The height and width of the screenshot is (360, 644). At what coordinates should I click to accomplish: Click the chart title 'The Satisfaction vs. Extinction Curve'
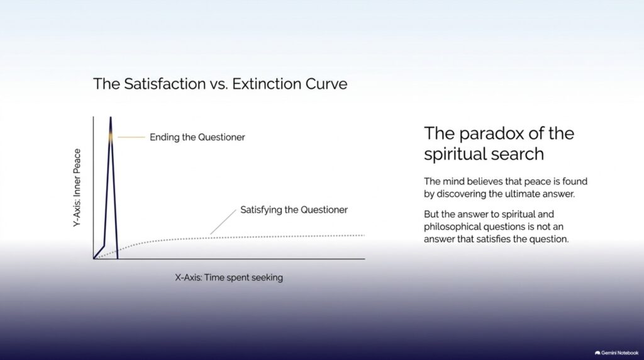[220, 84]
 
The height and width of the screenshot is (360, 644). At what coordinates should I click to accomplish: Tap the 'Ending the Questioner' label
[197, 137]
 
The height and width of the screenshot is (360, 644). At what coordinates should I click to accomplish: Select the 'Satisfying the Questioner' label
[294, 210]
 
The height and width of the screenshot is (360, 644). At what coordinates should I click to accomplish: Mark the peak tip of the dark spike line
[111, 117]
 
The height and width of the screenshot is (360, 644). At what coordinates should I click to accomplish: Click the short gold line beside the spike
[131, 137]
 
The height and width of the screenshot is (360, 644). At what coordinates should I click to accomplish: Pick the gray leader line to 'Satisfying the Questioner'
[223, 222]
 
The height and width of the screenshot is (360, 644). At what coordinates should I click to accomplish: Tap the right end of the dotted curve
[364, 235]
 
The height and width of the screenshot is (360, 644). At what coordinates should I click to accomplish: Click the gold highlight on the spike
[111, 137]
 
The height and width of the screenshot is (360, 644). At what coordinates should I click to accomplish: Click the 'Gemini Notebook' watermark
[616, 353]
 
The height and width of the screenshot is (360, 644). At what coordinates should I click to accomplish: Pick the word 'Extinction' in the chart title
[267, 84]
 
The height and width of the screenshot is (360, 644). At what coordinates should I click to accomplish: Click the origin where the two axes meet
[94, 259]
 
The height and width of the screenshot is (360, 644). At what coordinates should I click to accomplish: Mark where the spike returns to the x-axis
[118, 259]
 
